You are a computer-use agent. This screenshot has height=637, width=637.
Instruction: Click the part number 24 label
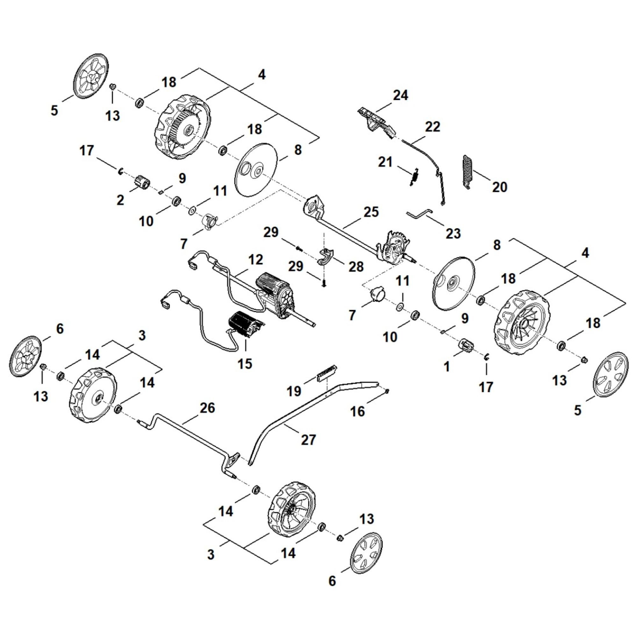pyautogui.click(x=401, y=95)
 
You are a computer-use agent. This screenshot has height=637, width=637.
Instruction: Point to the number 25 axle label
pyautogui.click(x=371, y=212)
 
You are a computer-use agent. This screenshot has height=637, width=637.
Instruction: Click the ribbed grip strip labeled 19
pyautogui.click(x=326, y=372)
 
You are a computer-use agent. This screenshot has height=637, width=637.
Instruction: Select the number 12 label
pyautogui.click(x=256, y=260)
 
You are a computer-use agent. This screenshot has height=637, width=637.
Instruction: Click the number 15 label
pyautogui.click(x=245, y=363)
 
